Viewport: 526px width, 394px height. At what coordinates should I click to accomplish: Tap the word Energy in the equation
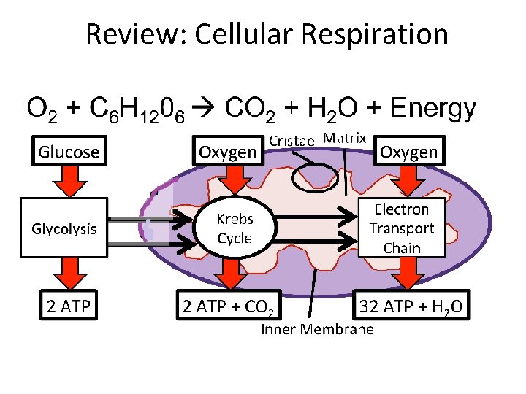click(x=433, y=109)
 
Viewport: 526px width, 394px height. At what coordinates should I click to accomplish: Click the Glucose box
click(x=68, y=152)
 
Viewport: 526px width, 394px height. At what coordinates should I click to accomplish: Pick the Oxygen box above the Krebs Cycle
click(x=228, y=152)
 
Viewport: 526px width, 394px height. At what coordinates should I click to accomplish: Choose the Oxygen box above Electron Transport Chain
click(x=408, y=152)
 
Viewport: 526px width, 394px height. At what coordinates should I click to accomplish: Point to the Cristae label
click(x=291, y=140)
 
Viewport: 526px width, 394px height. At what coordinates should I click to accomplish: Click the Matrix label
click(x=344, y=138)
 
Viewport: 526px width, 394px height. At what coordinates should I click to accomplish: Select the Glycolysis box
click(x=64, y=228)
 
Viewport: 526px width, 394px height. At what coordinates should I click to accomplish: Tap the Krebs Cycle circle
click(x=235, y=228)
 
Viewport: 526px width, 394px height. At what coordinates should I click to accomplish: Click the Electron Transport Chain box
click(x=401, y=228)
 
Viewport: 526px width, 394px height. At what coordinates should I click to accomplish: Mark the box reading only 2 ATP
click(x=68, y=306)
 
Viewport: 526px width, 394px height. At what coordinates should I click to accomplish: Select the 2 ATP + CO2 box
click(x=229, y=307)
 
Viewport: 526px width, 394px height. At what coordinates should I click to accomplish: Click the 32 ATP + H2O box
click(x=411, y=307)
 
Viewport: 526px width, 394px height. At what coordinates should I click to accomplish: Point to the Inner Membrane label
click(x=317, y=330)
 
